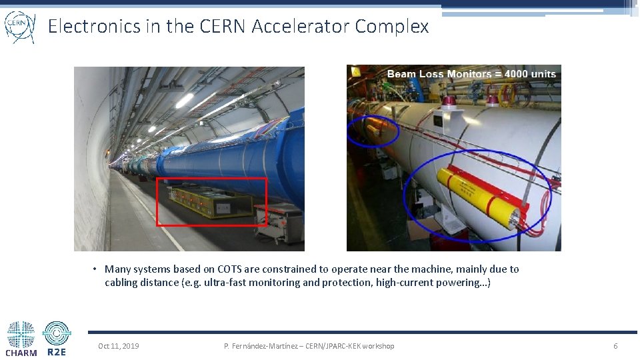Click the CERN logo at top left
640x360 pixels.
point(19,26)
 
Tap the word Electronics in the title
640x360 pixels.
point(94,26)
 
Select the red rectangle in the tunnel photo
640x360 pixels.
point(211,202)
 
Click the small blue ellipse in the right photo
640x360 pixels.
point(373,131)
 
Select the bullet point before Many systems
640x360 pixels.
point(96,269)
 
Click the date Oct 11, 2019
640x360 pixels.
point(119,346)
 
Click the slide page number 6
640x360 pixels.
point(615,346)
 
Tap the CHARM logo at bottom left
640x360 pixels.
point(21,339)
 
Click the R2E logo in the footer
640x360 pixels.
point(57,339)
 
